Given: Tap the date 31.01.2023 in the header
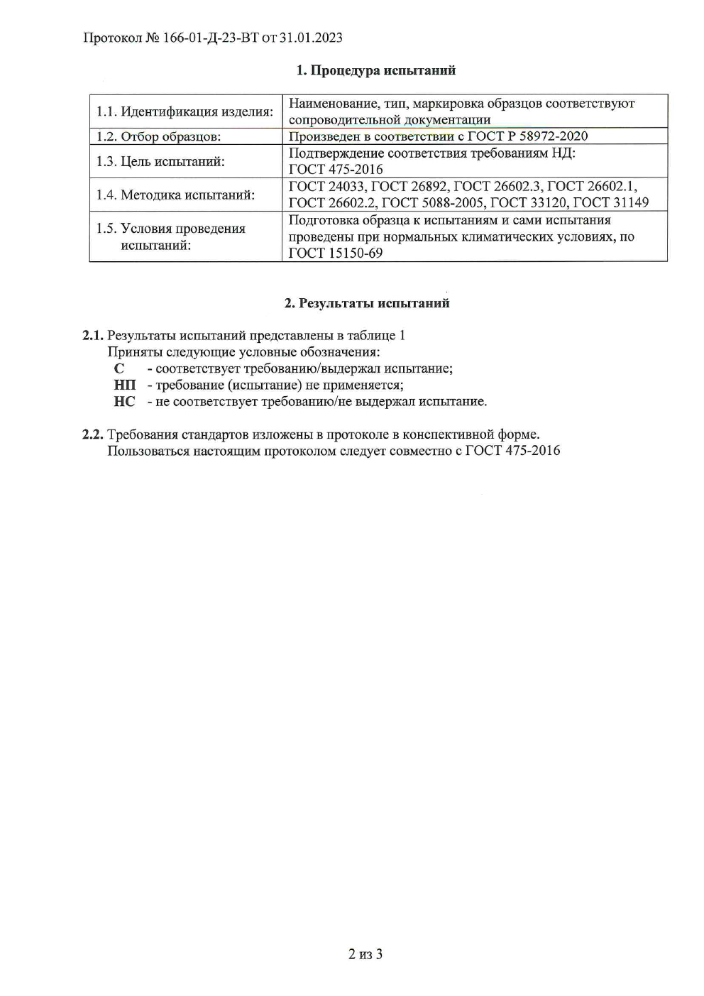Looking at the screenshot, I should (311, 38).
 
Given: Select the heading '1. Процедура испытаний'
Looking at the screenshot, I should (375, 70).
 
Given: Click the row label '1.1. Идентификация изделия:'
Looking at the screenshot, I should (185, 111).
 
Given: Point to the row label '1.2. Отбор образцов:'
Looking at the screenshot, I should (158, 136).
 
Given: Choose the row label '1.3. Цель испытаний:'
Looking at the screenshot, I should (160, 161).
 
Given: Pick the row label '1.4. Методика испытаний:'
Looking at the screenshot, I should (175, 195).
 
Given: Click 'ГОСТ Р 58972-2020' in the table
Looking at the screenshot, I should (527, 136).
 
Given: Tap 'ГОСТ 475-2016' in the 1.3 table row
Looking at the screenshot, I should (336, 169).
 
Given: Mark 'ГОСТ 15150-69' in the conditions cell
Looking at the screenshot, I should (336, 253).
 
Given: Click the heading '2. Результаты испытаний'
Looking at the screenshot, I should (367, 303).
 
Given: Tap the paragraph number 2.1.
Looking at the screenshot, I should (93, 336).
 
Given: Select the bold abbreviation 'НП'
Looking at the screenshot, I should (124, 385).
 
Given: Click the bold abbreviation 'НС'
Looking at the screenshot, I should (124, 401).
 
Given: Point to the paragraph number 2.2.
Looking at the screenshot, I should (93, 434).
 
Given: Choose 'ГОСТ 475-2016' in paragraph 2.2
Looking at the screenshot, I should (512, 450).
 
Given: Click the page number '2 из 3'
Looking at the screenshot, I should (365, 953).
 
